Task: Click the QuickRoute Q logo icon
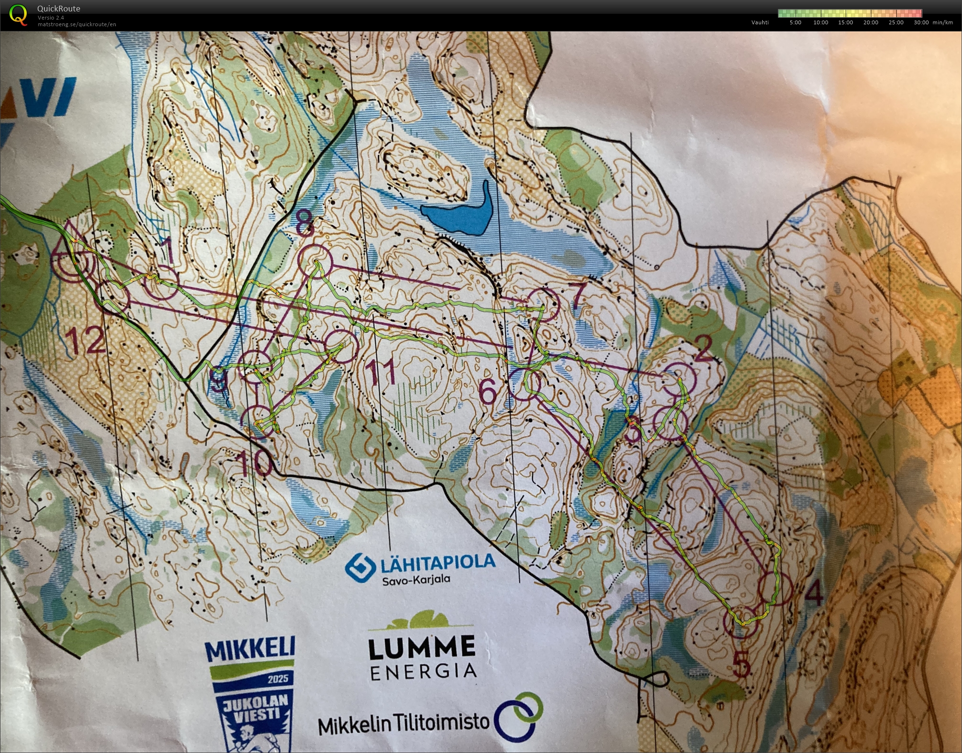point(18,14)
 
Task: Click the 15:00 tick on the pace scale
point(845,22)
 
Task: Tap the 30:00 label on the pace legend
point(921,22)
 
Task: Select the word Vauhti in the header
point(760,22)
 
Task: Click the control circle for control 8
point(315,261)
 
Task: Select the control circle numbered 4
point(775,588)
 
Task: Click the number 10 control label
point(256,463)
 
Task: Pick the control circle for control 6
point(525,385)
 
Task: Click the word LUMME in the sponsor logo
point(422,648)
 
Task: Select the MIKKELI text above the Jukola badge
point(250,650)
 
